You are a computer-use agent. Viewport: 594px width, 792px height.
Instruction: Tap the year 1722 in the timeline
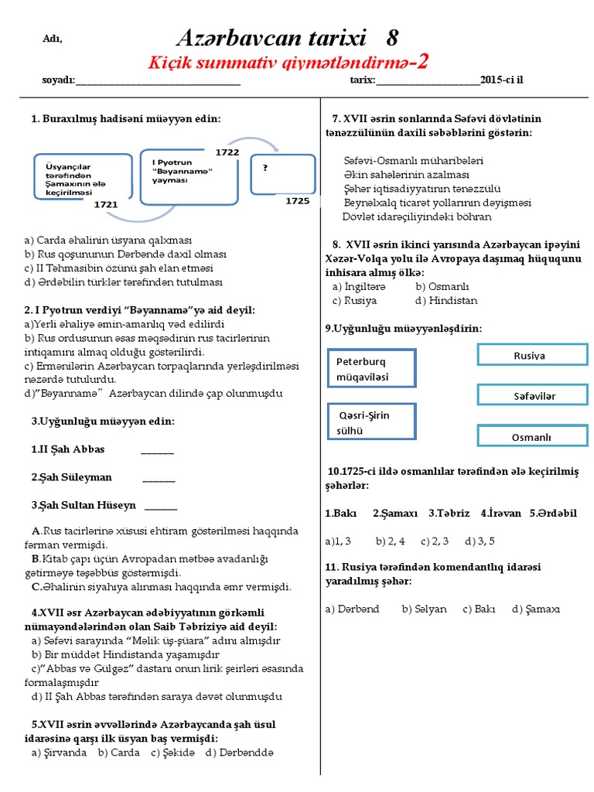pos(227,152)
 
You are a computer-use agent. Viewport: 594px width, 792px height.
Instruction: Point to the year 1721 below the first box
pos(105,205)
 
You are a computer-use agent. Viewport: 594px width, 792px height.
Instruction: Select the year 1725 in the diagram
pos(297,200)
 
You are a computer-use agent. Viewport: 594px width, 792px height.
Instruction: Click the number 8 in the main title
pos(392,37)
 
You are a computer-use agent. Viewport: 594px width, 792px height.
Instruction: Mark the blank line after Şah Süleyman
pos(159,478)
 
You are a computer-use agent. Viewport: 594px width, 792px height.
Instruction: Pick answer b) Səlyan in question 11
pos(424,609)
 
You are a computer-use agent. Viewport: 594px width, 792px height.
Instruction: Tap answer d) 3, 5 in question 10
pos(480,540)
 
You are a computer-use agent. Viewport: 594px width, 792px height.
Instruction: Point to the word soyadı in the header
pos(58,80)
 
